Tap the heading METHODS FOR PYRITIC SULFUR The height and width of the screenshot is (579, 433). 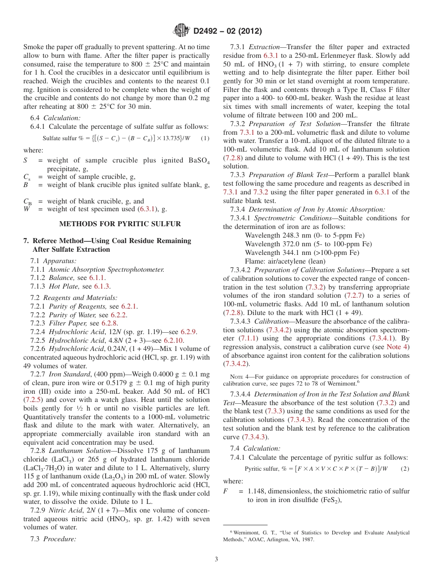[x=120, y=223]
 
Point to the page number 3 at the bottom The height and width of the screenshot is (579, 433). [x=216, y=559]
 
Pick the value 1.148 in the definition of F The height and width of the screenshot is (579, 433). [x=257, y=491]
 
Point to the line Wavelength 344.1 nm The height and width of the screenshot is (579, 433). [x=302, y=253]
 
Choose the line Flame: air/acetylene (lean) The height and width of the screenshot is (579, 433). [x=285, y=261]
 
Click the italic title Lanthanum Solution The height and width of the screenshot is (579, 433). [x=80, y=451]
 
